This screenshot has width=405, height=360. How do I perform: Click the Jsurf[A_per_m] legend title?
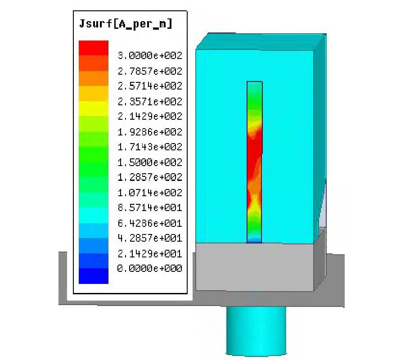coord(126,24)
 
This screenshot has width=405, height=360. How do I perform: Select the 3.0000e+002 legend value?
coord(149,56)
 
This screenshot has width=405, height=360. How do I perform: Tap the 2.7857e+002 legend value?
coord(149,71)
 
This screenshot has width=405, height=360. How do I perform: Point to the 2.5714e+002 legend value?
coord(149,86)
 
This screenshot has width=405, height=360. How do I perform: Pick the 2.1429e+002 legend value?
coord(149,117)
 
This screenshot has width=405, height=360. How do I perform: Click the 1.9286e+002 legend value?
coord(149,132)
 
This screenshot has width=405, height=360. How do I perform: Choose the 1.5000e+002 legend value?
coord(149,162)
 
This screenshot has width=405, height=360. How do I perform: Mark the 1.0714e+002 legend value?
coord(149,193)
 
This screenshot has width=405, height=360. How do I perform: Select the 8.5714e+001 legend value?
coord(149,208)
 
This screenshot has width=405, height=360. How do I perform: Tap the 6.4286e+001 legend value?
coord(149,223)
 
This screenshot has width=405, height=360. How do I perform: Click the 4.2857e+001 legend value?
coord(149,238)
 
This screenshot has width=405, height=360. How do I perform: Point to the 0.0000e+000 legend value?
coord(149,269)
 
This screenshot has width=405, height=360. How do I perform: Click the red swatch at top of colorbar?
coord(94,48)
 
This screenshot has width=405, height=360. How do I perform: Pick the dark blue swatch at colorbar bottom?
coord(94,276)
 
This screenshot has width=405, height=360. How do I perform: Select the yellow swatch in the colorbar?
coord(94,108)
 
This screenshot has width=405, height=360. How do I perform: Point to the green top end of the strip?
coord(254,88)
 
